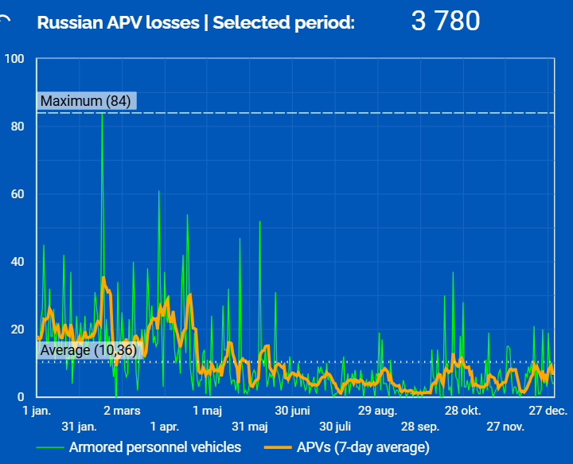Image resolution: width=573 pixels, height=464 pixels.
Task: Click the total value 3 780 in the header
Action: [x=446, y=21]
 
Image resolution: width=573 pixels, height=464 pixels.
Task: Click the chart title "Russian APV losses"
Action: [x=118, y=22]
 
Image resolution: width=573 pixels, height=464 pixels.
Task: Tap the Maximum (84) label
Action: [x=86, y=101]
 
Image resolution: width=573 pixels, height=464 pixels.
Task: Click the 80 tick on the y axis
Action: [x=18, y=127]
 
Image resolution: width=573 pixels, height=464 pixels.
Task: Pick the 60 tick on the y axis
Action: [x=18, y=194]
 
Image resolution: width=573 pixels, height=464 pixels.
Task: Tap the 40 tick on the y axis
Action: [x=18, y=262]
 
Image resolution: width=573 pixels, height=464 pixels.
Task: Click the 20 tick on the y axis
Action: [x=18, y=329]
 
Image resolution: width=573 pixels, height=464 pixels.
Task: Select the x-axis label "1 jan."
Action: [x=37, y=411]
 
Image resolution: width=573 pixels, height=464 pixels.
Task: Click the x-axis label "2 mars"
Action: [x=123, y=411]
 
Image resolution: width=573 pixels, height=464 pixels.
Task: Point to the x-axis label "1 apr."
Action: [x=164, y=427]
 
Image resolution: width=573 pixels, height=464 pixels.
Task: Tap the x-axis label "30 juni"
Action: [x=292, y=411]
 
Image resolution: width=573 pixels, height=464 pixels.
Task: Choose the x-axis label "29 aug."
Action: [x=376, y=411]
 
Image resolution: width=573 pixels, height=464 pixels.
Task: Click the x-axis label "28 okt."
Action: [x=462, y=411]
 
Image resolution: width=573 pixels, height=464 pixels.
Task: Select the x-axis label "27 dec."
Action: [x=548, y=411]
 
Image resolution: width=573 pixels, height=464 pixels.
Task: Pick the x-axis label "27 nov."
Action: [x=505, y=427]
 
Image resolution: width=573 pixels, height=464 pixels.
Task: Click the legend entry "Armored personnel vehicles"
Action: [x=154, y=447]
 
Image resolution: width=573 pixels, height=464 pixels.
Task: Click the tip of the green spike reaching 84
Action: [x=102, y=114]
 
